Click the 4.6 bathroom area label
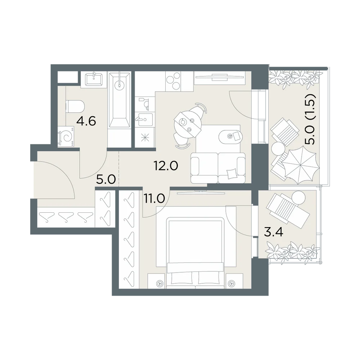click(86, 121)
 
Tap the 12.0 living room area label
click(166, 165)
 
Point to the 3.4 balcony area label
click(274, 232)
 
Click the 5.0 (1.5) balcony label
click(310, 119)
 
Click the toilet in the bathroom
click(75, 107)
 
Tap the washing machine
click(66, 137)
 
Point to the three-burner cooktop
click(174, 81)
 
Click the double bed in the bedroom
click(195, 253)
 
